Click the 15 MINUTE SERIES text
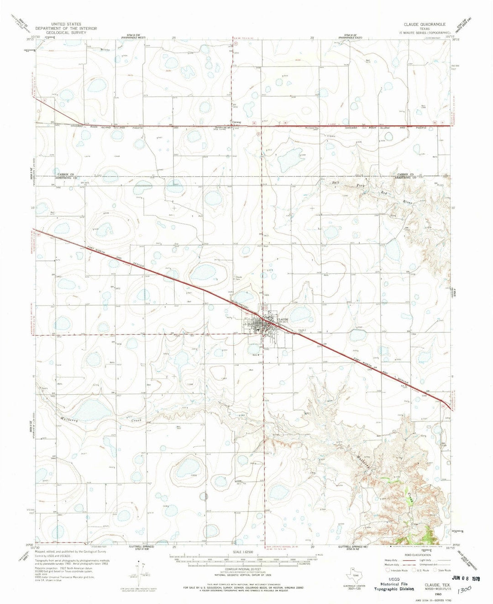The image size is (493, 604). click(426, 33)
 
